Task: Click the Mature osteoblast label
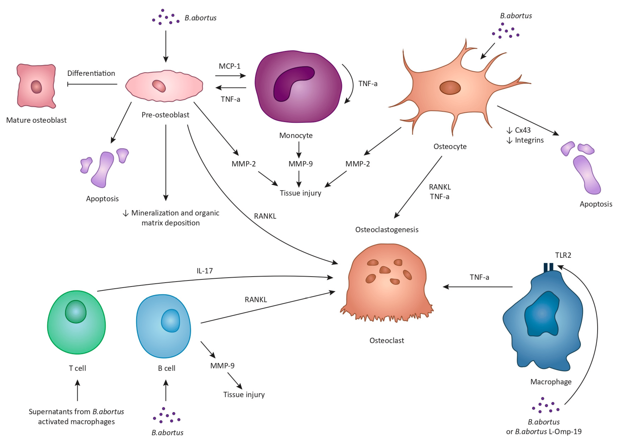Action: click(36, 120)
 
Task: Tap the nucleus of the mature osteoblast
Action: click(36, 87)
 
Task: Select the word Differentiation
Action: click(91, 73)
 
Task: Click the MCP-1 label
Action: click(230, 66)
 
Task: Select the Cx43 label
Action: click(522, 130)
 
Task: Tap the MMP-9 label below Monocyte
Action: click(300, 164)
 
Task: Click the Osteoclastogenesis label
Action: click(387, 229)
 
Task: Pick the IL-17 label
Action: click(205, 271)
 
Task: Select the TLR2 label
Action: click(563, 255)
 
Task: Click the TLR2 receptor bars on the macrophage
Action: click(548, 267)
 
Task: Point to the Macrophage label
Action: click(551, 382)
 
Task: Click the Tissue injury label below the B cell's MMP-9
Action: click(244, 394)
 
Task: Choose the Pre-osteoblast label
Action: click(165, 115)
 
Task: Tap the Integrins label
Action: click(529, 140)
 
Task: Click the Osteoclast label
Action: click(387, 341)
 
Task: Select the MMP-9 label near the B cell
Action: click(222, 366)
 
